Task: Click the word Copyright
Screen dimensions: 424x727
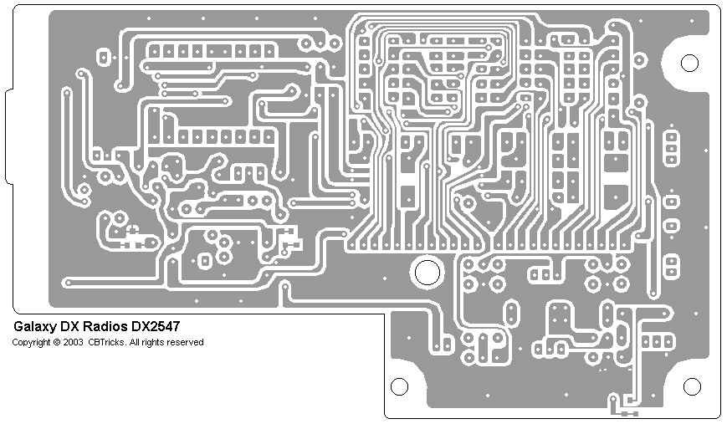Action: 30,342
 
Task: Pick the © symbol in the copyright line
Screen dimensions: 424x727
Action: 57,342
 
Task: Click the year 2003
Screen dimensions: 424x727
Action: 73,342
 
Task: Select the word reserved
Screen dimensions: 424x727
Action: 185,342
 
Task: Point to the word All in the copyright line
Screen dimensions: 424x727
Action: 136,342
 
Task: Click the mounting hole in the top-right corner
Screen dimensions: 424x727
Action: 689,63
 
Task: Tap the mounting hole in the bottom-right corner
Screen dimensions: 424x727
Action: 691,386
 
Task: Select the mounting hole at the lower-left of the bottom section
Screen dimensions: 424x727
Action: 400,386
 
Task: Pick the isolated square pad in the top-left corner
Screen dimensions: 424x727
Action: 105,58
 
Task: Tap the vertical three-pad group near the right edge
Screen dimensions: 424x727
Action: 671,146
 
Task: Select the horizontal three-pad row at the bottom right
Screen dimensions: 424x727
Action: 658,341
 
